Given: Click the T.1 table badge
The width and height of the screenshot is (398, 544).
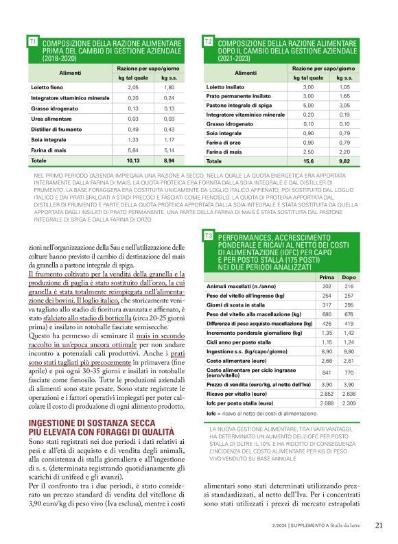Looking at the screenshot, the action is point(32,43).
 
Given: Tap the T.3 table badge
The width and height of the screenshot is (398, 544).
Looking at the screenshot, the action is point(208,236).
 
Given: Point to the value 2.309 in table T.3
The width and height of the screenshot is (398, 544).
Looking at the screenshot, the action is point(349,403).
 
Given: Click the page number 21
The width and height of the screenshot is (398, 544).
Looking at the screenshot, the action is point(379,525).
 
